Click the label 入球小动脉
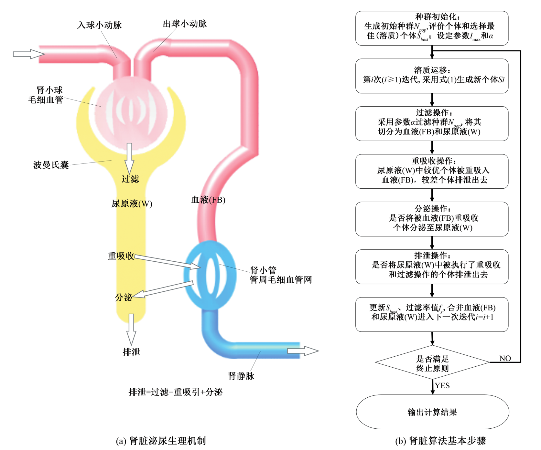100,25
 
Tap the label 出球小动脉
185,24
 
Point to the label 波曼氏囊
51,165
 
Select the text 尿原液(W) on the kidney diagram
132,204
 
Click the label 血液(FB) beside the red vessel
208,200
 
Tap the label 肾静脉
241,376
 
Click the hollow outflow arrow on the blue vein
303,351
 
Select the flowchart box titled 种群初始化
432,28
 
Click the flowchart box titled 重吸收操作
432,171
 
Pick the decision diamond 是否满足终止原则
432,363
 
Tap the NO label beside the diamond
505,358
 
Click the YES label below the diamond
442,385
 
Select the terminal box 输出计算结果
432,412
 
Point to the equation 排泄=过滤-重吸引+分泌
175,392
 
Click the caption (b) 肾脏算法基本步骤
440,441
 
